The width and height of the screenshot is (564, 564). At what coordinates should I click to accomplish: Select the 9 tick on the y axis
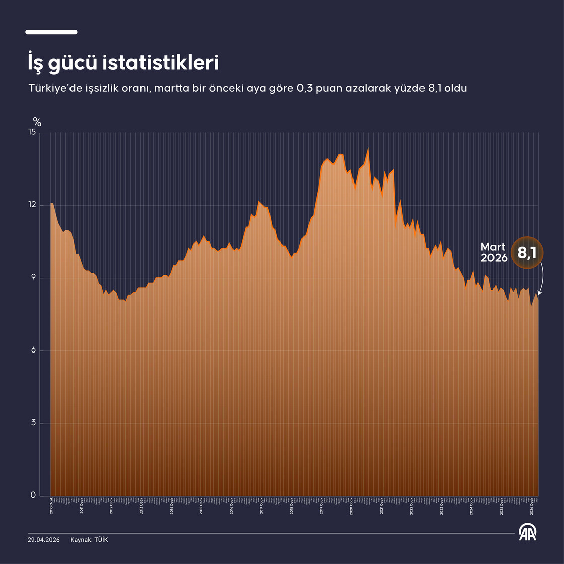click(x=34, y=278)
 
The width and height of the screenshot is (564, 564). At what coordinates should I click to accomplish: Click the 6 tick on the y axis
click(x=34, y=350)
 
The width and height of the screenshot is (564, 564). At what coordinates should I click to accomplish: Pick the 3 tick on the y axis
click(x=34, y=423)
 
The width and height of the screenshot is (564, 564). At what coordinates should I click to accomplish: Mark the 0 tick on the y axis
click(x=34, y=496)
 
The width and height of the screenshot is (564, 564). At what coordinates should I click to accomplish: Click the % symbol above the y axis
click(x=37, y=121)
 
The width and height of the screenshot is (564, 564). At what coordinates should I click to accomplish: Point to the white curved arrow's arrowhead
click(x=539, y=294)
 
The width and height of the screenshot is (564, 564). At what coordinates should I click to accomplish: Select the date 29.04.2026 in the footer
click(x=44, y=540)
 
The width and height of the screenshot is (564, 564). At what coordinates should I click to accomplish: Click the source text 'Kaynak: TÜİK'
click(x=89, y=540)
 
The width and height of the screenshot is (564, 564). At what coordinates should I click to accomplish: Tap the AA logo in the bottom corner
click(x=528, y=532)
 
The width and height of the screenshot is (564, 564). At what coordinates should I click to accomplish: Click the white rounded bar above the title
click(x=51, y=32)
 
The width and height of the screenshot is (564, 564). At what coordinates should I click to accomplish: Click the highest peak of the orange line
click(x=368, y=148)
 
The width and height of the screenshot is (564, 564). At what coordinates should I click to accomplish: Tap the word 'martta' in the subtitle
click(x=168, y=89)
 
